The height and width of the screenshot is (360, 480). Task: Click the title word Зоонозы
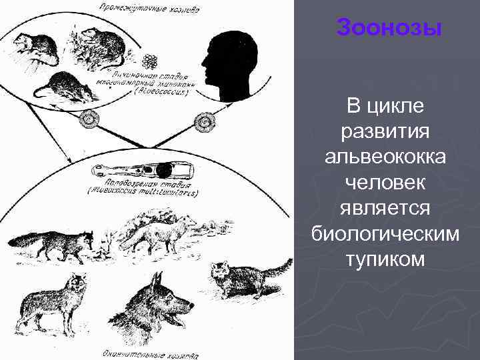[389, 28]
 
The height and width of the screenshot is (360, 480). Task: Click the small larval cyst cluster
[151, 62]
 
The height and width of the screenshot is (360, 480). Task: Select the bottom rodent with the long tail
[67, 85]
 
